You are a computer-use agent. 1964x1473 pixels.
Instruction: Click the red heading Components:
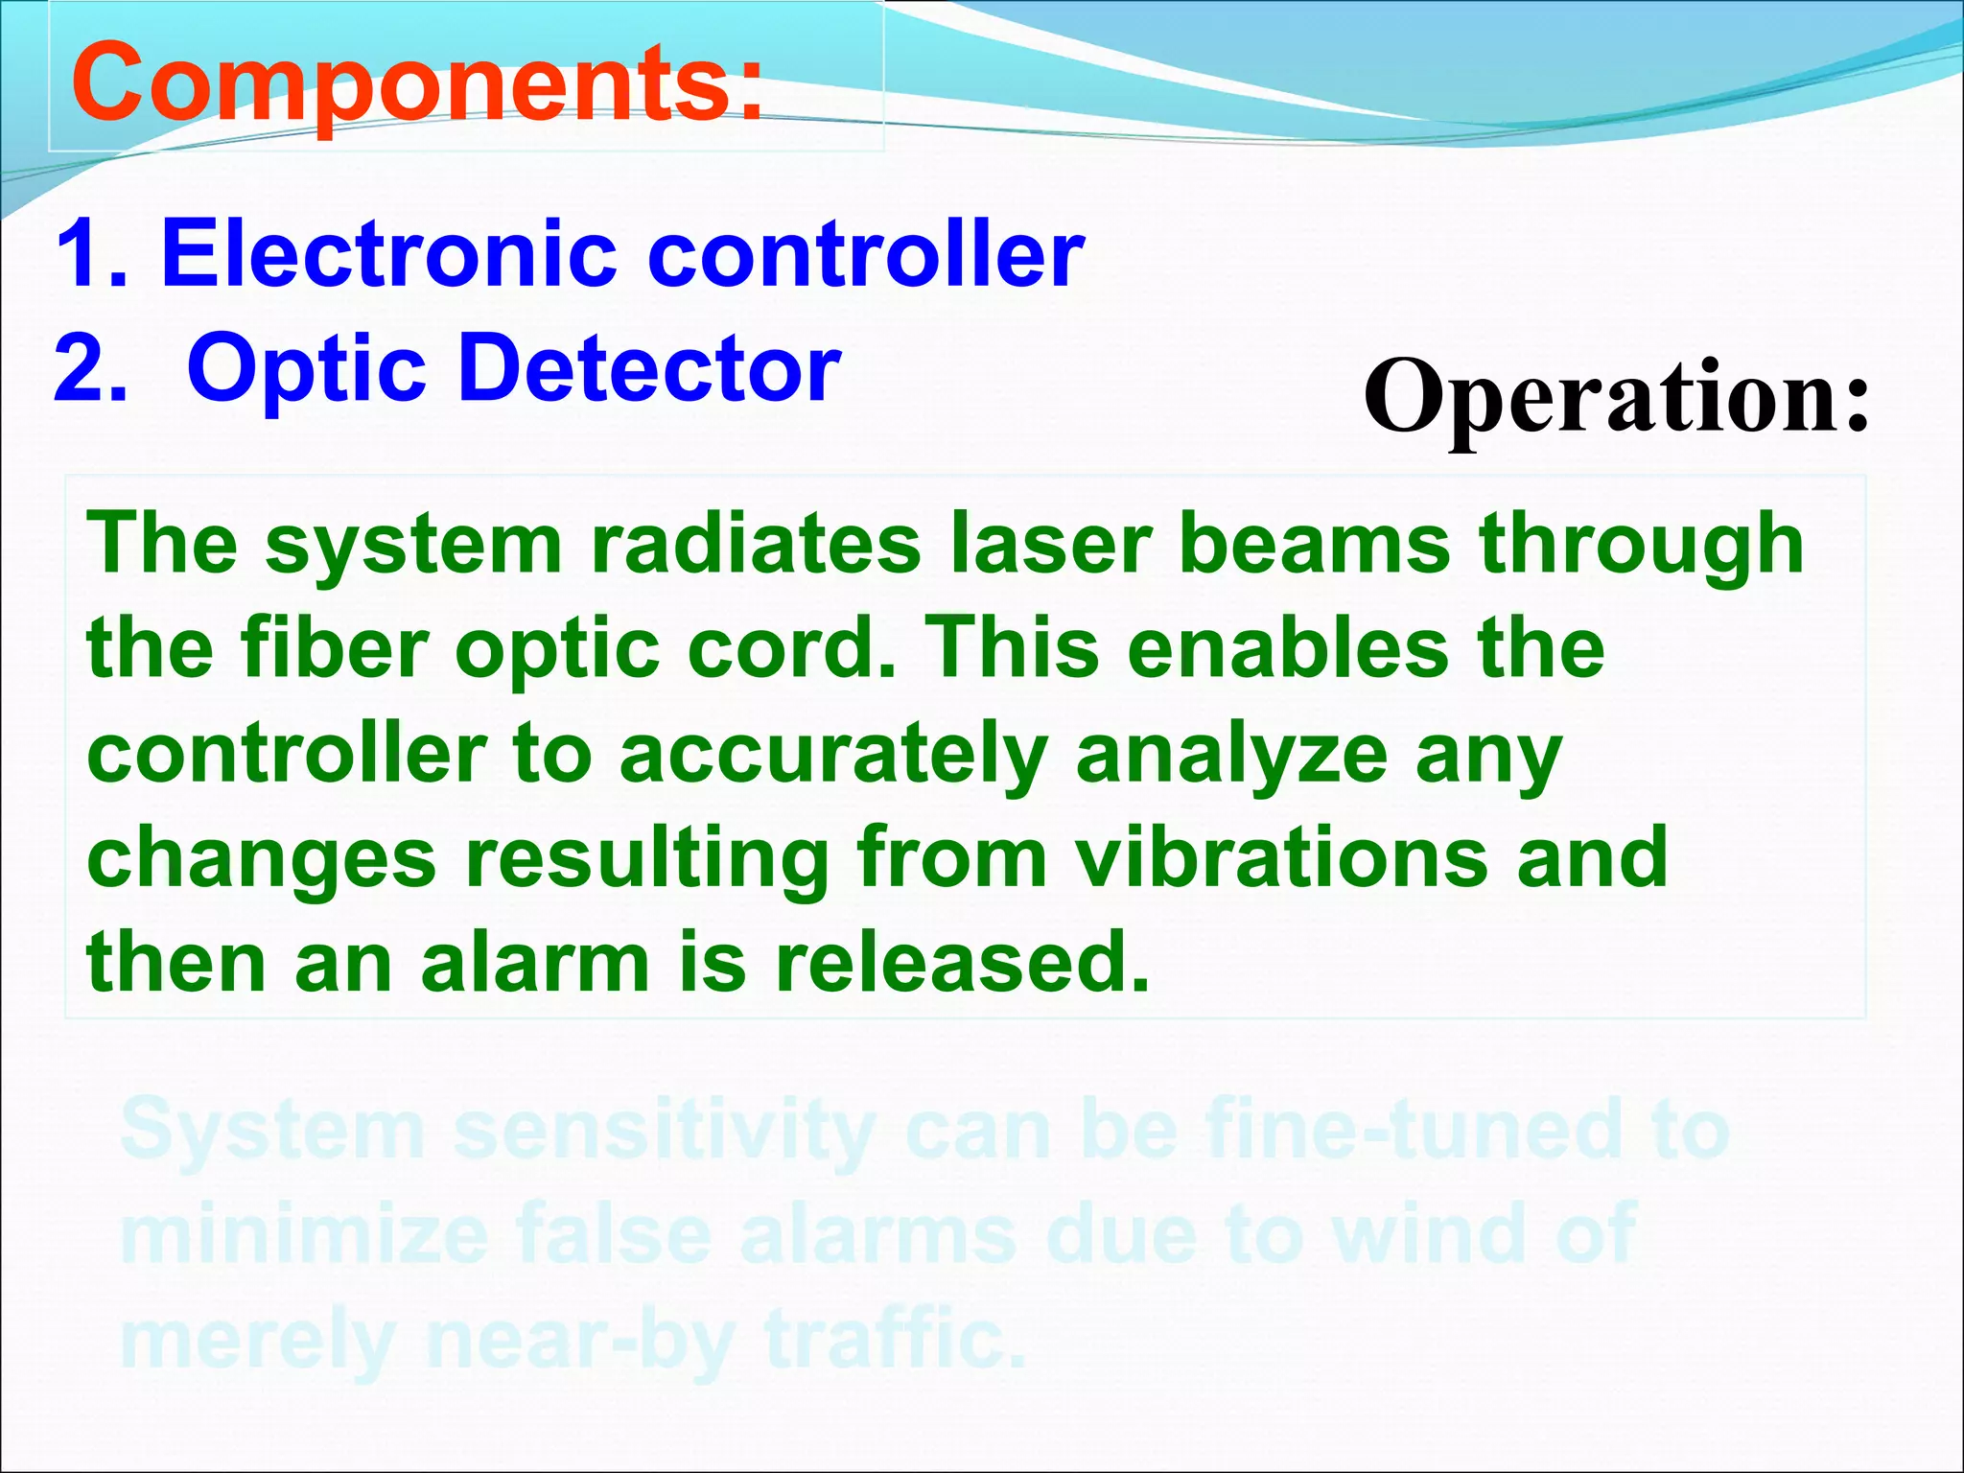[417, 84]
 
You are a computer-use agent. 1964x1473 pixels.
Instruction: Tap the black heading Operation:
[1617, 396]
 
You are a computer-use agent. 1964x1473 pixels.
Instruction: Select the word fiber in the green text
[335, 648]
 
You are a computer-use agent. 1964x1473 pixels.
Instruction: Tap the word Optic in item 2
[307, 370]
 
